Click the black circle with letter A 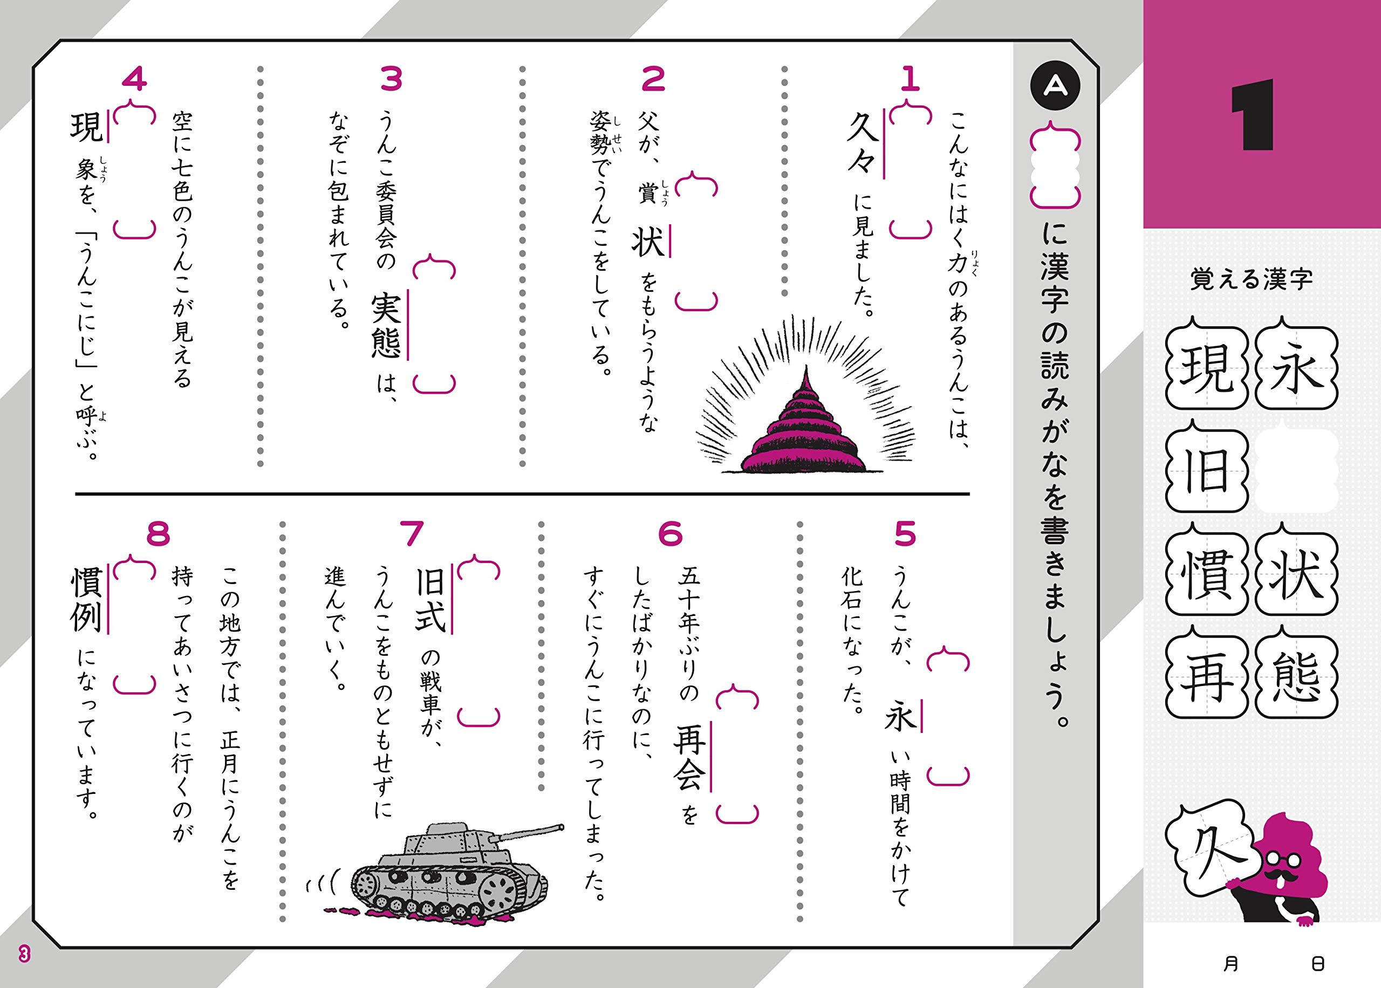[1055, 86]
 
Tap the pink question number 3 [391, 80]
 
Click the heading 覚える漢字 [1252, 279]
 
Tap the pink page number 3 [24, 954]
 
